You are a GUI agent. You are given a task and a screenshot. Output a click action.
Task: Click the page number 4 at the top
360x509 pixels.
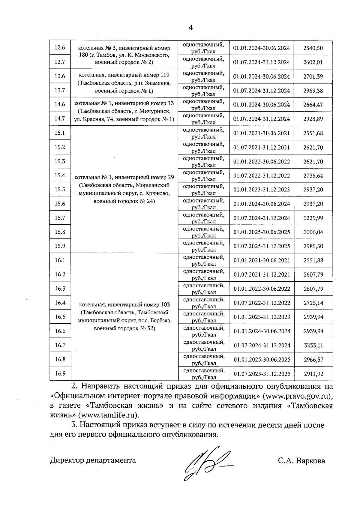190,28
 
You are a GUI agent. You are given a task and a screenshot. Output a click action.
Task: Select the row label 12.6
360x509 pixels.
60,48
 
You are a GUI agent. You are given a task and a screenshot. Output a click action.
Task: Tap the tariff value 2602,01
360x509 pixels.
313,62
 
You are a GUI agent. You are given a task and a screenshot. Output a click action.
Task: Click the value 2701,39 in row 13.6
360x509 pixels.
313,76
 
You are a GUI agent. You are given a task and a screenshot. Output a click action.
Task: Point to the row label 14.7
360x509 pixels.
60,118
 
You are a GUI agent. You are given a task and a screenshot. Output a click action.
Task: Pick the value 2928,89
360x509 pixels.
313,119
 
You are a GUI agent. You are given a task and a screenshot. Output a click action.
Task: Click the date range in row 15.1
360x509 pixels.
262,133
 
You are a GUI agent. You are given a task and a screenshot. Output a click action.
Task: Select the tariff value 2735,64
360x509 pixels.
313,175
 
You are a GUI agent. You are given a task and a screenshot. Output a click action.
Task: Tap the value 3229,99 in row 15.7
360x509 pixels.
313,218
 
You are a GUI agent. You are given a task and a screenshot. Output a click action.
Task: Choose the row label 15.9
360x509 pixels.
60,246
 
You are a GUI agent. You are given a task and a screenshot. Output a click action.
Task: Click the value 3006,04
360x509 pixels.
313,232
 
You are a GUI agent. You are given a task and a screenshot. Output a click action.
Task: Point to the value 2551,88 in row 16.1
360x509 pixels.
313,260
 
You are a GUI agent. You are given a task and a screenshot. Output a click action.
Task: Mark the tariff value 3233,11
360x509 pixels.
313,345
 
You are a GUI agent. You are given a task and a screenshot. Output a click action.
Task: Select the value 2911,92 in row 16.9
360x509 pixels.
313,374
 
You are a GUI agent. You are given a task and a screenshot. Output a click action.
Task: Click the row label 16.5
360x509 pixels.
60,317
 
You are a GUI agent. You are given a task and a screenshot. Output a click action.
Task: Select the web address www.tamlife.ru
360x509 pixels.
109,415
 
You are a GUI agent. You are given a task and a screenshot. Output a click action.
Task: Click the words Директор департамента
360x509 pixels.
93,460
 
